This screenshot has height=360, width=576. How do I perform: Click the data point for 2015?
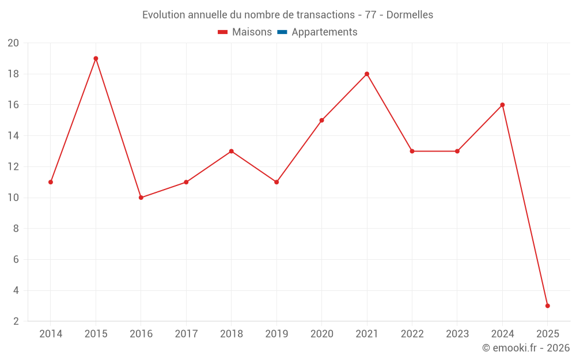pyautogui.click(x=96, y=58)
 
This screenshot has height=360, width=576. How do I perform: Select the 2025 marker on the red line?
pyautogui.click(x=547, y=306)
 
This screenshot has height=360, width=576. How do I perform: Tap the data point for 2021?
pyautogui.click(x=366, y=74)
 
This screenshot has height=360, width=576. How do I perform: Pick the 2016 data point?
pyautogui.click(x=141, y=198)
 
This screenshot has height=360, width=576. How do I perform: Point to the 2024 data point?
pyautogui.click(x=502, y=105)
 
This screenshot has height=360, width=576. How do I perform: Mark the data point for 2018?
pyautogui.click(x=231, y=151)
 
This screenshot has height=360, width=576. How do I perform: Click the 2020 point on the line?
pyautogui.click(x=321, y=120)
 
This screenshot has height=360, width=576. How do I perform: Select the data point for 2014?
pyautogui.click(x=51, y=182)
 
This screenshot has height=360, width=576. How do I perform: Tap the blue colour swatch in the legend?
pyautogui.click(x=282, y=32)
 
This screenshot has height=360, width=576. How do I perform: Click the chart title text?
pyautogui.click(x=287, y=14)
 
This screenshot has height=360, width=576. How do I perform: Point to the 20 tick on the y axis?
pyautogui.click(x=13, y=43)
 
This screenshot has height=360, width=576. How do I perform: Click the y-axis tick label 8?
pyautogui.click(x=16, y=229)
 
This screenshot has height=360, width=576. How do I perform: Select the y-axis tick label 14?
pyautogui.click(x=13, y=136)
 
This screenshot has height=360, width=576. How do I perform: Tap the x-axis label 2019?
pyautogui.click(x=276, y=334)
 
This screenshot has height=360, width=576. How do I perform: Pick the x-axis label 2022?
pyautogui.click(x=412, y=334)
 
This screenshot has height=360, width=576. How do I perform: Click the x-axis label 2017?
pyautogui.click(x=186, y=334)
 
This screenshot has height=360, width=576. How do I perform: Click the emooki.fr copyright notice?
pyautogui.click(x=525, y=348)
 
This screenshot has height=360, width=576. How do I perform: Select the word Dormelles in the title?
pyautogui.click(x=410, y=14)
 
